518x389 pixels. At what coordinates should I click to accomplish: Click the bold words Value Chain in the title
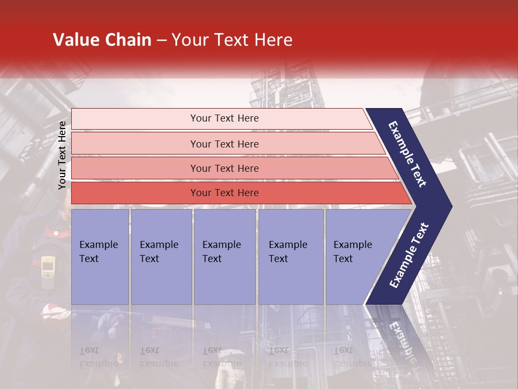[102, 40]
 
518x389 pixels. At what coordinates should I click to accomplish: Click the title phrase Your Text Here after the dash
[232, 40]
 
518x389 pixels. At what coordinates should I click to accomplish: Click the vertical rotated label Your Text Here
[62, 155]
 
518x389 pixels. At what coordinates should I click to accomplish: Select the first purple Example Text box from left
[100, 257]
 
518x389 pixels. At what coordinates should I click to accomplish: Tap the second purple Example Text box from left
[161, 257]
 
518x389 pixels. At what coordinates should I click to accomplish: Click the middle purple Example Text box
[224, 257]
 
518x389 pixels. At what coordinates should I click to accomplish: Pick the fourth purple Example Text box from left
[291, 257]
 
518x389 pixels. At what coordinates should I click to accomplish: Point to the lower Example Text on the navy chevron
[409, 255]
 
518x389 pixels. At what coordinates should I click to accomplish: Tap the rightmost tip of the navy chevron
[451, 206]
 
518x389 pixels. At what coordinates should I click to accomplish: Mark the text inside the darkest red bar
[224, 193]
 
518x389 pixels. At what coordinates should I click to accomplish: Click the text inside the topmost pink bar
[224, 118]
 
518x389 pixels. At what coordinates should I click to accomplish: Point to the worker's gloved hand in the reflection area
[111, 321]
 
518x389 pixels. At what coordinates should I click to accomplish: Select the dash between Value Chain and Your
[161, 41]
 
